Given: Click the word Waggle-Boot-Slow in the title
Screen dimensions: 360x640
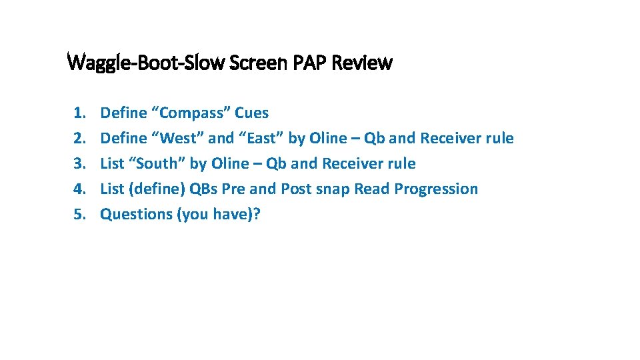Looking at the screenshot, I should tap(147, 63).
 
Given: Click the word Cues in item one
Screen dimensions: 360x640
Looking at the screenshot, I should tap(252, 113).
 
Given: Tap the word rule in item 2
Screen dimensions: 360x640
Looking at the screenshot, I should tap(499, 139).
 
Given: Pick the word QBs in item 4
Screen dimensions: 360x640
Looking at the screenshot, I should tap(204, 189).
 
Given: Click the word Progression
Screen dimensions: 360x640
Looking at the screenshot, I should tap(436, 189).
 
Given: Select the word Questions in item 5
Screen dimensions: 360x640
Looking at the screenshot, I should tap(136, 215).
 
